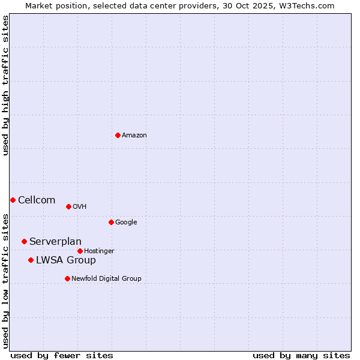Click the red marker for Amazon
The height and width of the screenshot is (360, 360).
pos(118,135)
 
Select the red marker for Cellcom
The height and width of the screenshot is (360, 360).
pos(13,200)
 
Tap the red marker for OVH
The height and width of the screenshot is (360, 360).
pos(68,206)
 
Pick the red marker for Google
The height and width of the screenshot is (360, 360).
pos(111,222)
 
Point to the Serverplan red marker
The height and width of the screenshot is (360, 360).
pos(24,241)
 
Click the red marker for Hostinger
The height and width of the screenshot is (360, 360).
pos(80,251)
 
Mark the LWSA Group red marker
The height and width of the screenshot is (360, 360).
pos(31,260)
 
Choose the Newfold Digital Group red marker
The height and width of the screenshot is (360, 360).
pos(67,278)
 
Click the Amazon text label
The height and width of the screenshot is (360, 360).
pos(134,136)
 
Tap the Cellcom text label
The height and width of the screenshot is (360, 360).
pos(37,200)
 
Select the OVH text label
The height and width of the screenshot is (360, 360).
pos(80,207)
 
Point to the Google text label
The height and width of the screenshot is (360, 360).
pos(126,223)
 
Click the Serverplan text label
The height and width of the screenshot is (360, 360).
pos(55,242)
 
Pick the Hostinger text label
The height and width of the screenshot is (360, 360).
pos(99,251)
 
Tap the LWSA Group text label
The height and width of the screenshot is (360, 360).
pos(66,260)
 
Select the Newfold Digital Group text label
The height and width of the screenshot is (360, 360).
pos(106,279)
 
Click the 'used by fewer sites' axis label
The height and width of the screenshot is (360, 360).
pos(62,355)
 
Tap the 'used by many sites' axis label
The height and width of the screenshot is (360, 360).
pos(301,355)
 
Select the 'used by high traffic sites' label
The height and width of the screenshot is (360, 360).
pos(5,85)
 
